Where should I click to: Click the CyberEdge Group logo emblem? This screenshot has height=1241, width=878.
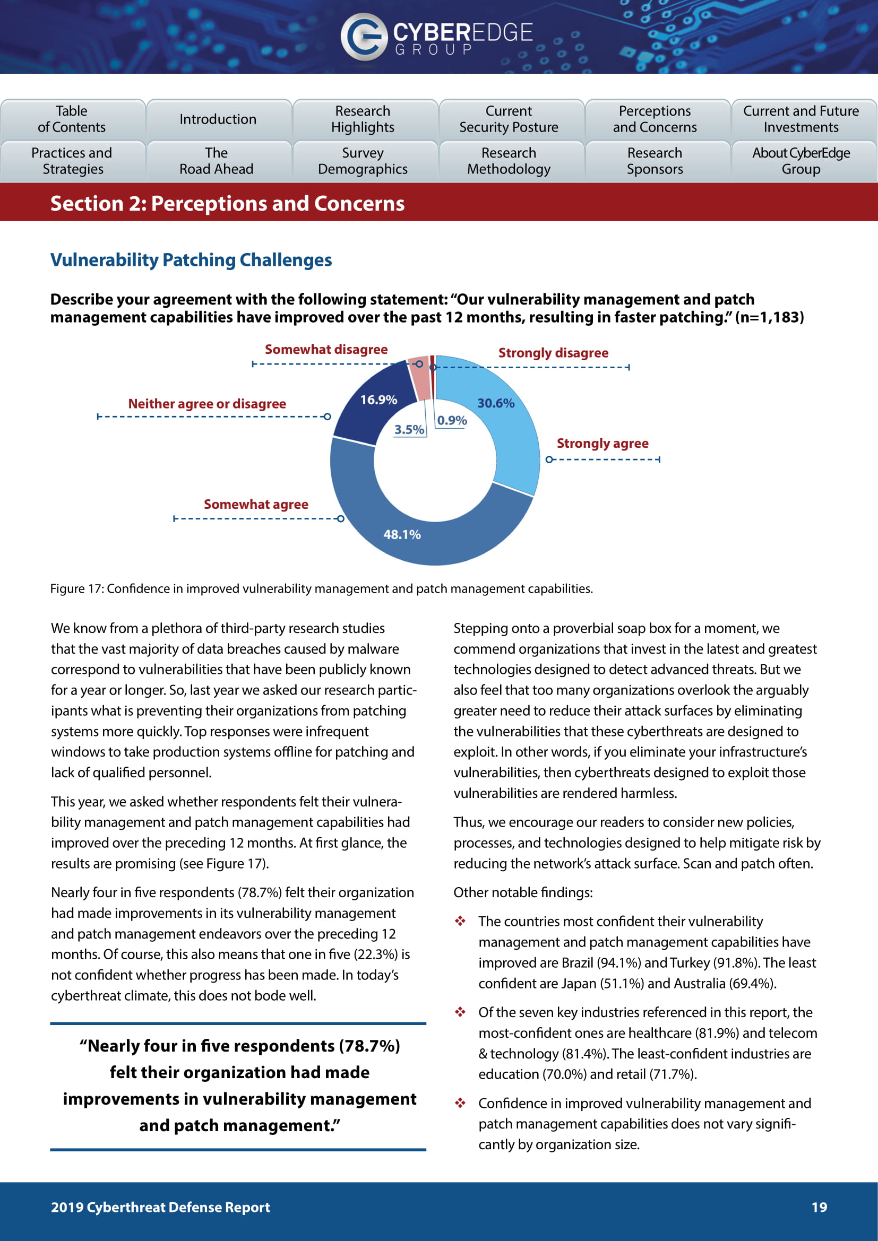[x=363, y=36]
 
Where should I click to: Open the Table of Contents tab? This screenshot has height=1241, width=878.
[x=72, y=119]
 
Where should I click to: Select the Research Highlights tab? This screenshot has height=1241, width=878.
[x=363, y=119]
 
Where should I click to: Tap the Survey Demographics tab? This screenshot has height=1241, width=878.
[x=363, y=161]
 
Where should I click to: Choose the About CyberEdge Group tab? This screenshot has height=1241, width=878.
[x=800, y=161]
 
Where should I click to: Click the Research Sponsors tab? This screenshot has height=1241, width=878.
[x=655, y=161]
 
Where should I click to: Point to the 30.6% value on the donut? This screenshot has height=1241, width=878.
[x=496, y=403]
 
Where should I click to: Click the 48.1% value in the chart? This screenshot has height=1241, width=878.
[x=402, y=535]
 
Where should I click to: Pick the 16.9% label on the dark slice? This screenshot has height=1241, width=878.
[x=378, y=400]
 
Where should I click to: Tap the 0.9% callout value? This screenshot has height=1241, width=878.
[x=452, y=421]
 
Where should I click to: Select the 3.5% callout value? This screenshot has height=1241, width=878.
[x=409, y=430]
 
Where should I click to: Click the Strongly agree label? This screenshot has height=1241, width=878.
[x=602, y=443]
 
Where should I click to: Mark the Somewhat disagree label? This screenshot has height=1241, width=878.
[x=326, y=350]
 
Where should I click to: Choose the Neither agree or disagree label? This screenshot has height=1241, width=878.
[x=207, y=404]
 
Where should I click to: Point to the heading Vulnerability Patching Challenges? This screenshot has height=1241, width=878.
[x=191, y=260]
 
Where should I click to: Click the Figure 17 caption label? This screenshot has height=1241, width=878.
[x=321, y=588]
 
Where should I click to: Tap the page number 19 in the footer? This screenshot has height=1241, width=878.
[x=819, y=1207]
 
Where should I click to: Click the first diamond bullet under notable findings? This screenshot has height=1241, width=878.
[x=460, y=921]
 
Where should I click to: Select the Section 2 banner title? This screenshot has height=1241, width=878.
[x=227, y=204]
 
